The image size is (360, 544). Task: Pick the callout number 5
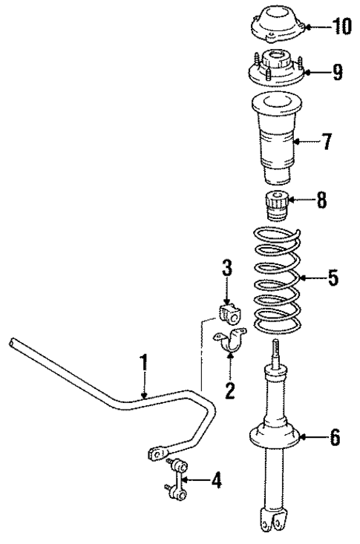pos(333,279)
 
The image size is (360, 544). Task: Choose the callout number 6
pos(334,439)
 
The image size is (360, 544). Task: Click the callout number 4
pos(215,482)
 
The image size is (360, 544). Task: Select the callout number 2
pos(229,389)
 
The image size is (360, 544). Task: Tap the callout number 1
pos(145,363)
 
